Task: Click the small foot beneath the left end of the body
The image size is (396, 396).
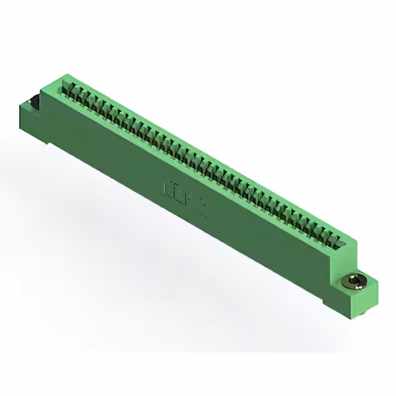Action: [48, 146]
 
